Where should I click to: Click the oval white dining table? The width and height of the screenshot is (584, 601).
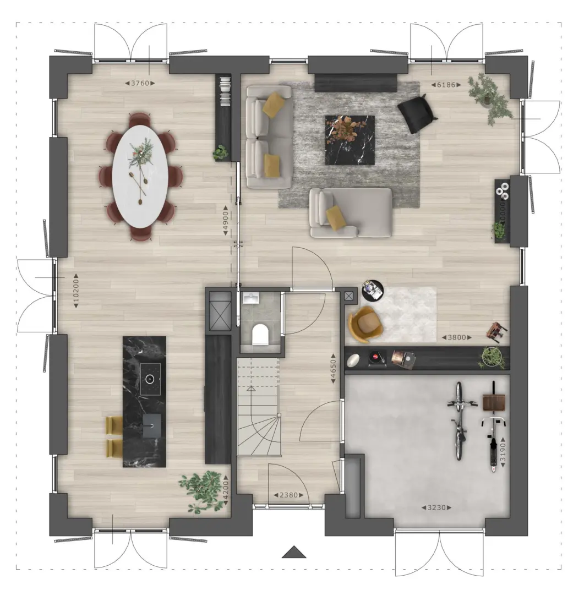140,177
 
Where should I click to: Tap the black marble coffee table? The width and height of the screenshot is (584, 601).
350,140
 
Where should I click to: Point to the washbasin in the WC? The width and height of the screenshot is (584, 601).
251,298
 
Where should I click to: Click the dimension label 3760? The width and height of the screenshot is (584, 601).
140,83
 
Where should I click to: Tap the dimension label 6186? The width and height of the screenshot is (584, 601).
446,85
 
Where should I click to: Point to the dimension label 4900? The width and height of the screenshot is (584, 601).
226,220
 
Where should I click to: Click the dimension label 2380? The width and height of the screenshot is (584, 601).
288,495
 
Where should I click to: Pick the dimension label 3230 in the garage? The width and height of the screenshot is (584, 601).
436,508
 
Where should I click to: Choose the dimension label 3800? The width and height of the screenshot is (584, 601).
457,338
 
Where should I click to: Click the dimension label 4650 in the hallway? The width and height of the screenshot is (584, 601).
333,368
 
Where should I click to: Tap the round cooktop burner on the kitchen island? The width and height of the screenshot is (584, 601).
150,379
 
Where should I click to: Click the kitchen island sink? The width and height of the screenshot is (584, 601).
151,425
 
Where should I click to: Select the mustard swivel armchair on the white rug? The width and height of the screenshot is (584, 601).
365,324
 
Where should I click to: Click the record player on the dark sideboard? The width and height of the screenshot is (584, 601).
378,358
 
